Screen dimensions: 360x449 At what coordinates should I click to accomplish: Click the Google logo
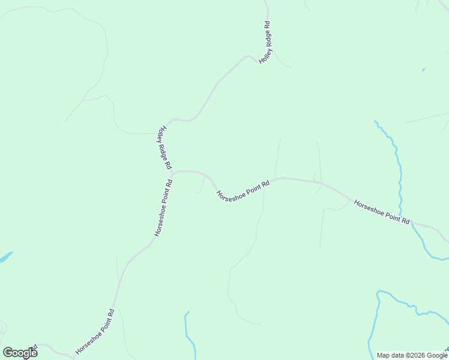click(20, 353)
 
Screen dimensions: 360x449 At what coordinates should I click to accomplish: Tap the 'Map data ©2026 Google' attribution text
click(412, 355)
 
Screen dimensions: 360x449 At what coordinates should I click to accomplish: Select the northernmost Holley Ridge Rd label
click(265, 43)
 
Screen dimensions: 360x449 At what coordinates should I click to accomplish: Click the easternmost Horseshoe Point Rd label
click(382, 212)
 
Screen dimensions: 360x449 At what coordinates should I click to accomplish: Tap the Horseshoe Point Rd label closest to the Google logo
click(95, 331)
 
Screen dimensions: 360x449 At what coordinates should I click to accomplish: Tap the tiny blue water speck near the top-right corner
click(424, 70)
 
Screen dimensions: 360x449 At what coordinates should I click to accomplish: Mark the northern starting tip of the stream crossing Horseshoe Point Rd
click(376, 122)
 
